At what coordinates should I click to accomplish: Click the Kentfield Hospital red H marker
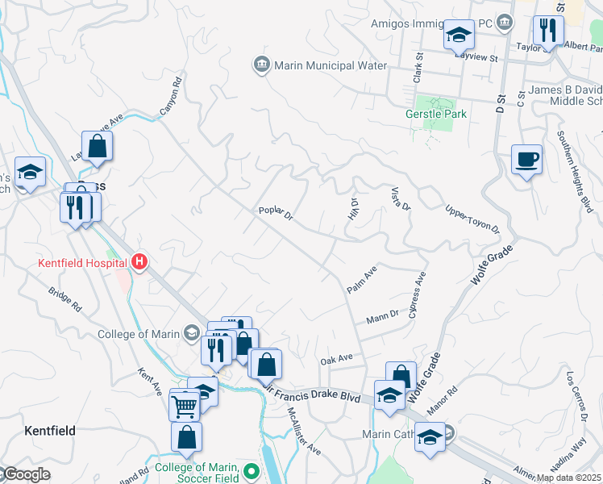tap(139, 262)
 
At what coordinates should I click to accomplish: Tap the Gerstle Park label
tap(435, 115)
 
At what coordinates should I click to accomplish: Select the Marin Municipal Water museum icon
tap(261, 65)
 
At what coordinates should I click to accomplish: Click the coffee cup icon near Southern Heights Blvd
tap(526, 159)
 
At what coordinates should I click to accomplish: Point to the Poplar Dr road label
tap(275, 212)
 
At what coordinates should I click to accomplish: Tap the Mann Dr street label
tap(382, 315)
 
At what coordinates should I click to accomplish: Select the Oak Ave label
tap(337, 358)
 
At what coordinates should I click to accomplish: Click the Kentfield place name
tap(49, 432)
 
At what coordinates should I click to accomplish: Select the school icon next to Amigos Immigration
tap(459, 35)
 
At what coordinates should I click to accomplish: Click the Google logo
tap(26, 474)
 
